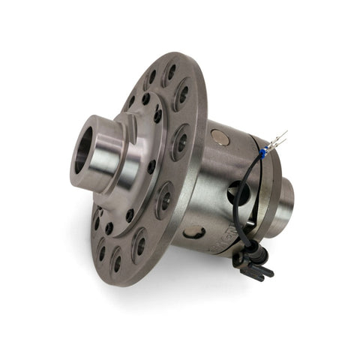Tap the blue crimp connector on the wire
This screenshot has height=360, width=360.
tap(263, 151)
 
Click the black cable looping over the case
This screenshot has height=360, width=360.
tap(250, 187)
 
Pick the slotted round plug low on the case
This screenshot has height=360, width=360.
tap(194, 232)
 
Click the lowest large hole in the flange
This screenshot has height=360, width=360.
tap(116, 262)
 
